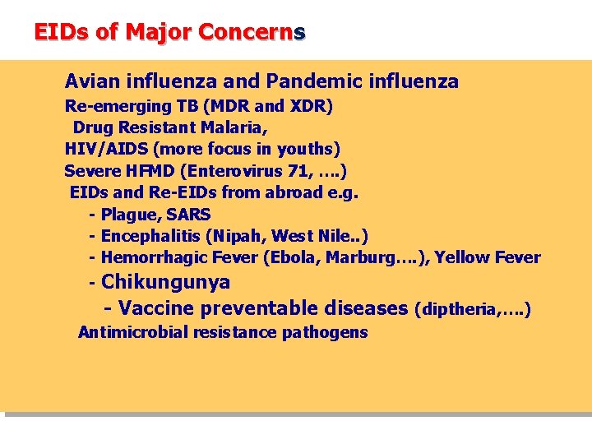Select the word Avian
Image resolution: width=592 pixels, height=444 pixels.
pyautogui.click(x=92, y=81)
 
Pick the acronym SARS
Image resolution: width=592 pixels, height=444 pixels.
pyautogui.click(x=188, y=215)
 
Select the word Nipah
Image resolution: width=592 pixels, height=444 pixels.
pyautogui.click(x=237, y=236)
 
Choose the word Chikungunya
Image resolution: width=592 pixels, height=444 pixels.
pyautogui.click(x=165, y=282)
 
